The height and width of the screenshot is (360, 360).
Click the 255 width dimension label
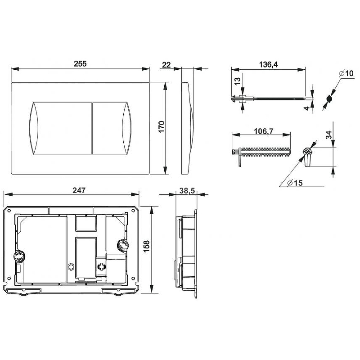pyautogui.click(x=80, y=63)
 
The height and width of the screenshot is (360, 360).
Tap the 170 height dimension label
pyautogui.click(x=162, y=127)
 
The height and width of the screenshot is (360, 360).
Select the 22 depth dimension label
pyautogui.click(x=166, y=65)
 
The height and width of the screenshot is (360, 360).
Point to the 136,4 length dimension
pyautogui.click(x=268, y=64)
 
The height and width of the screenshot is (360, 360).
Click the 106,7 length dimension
pyautogui.click(x=264, y=131)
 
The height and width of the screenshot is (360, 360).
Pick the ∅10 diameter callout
pyautogui.click(x=346, y=73)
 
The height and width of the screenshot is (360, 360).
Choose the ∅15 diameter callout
pyautogui.click(x=295, y=183)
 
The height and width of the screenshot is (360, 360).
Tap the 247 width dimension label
pyautogui.click(x=79, y=190)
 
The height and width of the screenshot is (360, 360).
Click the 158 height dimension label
pyautogui.click(x=147, y=246)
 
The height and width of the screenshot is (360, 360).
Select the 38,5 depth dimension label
pyautogui.click(x=187, y=190)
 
